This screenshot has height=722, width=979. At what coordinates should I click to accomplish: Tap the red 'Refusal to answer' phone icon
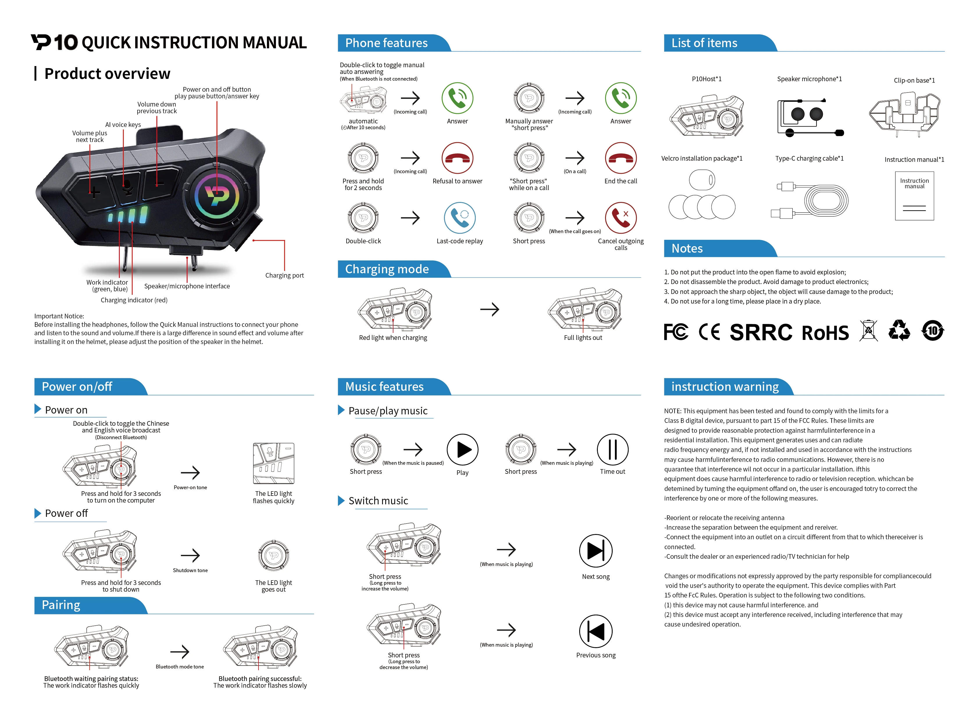click(457, 158)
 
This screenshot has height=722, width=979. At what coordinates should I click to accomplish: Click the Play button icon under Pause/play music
click(462, 449)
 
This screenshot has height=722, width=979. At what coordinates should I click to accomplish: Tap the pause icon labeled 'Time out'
click(612, 449)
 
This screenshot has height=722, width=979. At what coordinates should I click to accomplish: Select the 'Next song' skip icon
click(595, 551)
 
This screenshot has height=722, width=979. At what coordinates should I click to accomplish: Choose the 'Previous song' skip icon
click(595, 631)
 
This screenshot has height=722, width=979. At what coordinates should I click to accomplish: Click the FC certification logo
click(675, 332)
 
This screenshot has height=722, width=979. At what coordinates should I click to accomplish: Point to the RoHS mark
click(825, 333)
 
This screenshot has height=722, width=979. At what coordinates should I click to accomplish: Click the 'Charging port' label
click(284, 275)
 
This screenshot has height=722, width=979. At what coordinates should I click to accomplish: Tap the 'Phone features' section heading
click(386, 43)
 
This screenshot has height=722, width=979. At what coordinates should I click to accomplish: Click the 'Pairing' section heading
click(61, 605)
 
